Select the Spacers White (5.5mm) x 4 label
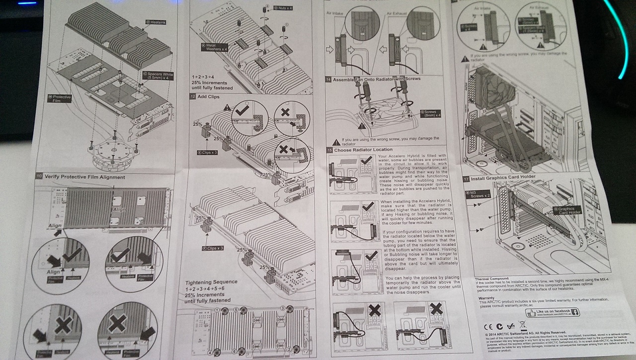158,77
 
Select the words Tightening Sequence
211,282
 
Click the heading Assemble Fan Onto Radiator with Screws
377,79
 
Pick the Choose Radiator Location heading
363,149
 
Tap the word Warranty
487,297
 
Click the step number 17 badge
466,178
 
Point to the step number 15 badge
329,150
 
